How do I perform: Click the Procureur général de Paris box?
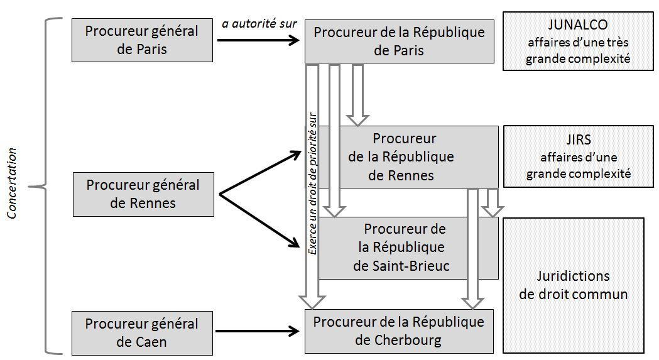click(142, 40)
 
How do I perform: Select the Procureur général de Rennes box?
click(143, 194)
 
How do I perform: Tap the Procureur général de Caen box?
click(142, 333)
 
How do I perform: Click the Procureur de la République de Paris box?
click(399, 41)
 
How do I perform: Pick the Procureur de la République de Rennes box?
click(408, 157)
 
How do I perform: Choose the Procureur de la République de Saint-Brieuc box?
click(408, 248)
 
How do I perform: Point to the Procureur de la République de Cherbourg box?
click(399, 331)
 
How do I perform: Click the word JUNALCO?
click(577, 25)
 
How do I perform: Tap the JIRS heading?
click(578, 141)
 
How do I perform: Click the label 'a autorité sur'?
click(259, 25)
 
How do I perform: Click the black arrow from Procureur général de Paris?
click(258, 41)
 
